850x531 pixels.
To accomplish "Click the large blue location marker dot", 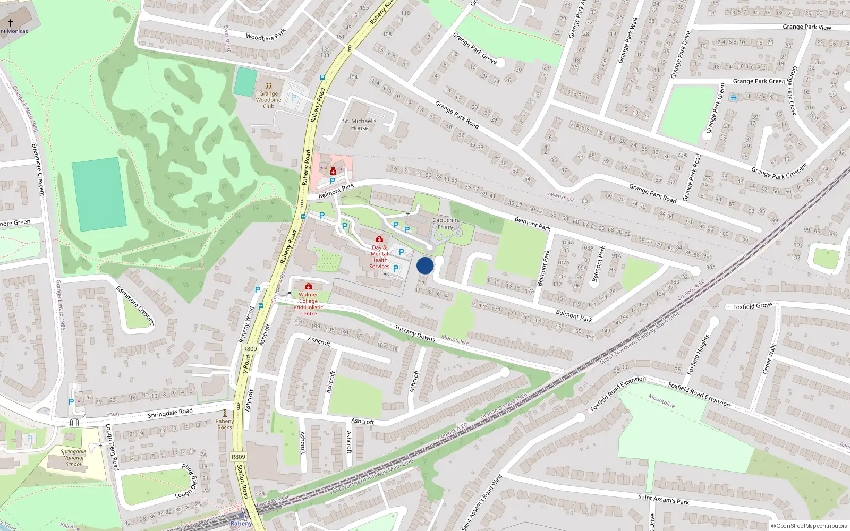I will click(425, 265).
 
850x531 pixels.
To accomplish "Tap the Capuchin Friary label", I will click(445, 224).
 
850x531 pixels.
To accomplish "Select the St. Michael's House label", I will click(360, 124).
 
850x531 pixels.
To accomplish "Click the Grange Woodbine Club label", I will click(269, 100).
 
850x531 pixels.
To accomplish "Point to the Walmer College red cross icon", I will click(309, 287).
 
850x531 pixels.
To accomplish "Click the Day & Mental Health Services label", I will click(379, 257).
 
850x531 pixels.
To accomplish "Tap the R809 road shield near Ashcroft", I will click(250, 349).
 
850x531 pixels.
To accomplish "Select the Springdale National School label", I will click(73, 458).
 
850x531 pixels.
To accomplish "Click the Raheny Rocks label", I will click(225, 424).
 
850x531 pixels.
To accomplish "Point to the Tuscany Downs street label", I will click(415, 333).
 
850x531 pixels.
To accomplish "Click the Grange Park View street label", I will click(806, 27).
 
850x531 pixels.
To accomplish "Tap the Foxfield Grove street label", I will click(752, 306).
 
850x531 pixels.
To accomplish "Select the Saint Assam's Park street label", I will click(664, 499).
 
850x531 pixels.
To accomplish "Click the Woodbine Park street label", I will click(266, 35).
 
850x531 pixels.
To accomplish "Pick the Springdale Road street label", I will click(170, 413).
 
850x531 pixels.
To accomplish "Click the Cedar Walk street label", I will click(769, 359).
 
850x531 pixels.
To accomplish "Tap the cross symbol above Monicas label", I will click(10, 23).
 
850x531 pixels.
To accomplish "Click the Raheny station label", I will click(241, 523).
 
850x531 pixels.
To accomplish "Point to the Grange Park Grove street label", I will click(475, 48).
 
